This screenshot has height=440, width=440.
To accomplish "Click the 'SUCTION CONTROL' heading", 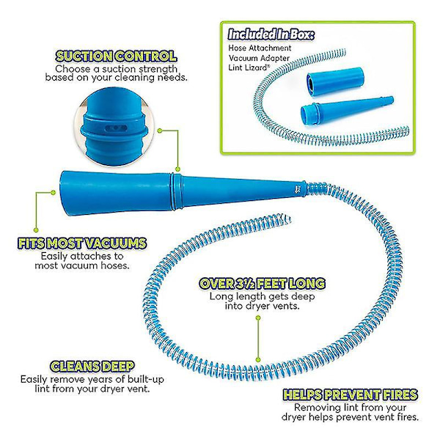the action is (116, 56).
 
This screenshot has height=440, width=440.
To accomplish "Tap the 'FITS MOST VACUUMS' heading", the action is (82, 243).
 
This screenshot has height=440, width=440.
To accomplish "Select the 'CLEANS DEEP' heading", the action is (92, 366).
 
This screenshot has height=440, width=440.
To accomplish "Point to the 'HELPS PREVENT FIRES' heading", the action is (351, 395).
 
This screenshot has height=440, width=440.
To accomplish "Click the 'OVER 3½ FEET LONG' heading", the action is (263, 283).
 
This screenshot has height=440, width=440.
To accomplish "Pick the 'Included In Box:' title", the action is (271, 34).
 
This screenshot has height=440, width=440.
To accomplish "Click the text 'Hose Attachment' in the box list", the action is (260, 48).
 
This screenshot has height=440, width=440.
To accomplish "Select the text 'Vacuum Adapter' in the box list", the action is (259, 58).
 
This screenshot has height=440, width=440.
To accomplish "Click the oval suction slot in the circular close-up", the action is (116, 128).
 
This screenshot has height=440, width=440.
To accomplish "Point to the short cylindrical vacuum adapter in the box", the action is (335, 81).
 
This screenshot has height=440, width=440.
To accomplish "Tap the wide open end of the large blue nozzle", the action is (64, 194).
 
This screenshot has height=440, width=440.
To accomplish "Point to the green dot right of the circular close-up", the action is (160, 131).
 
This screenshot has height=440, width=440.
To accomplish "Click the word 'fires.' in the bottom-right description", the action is (406, 417).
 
